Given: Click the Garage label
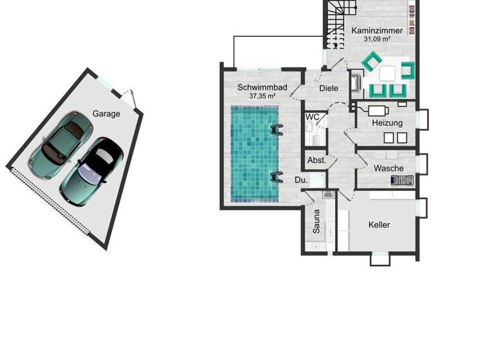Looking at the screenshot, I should click(106, 114).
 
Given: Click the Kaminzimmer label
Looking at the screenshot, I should click(377, 30).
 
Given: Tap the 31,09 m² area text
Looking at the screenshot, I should click(377, 39).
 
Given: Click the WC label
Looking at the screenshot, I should click(312, 117).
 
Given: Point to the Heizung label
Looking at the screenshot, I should click(387, 123).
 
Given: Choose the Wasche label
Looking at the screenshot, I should click(389, 168).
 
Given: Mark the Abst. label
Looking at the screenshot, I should click(316, 160).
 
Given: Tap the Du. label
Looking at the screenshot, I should click(300, 181).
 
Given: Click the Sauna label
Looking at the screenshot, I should click(316, 221).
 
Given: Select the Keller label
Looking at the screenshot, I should click(379, 225).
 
